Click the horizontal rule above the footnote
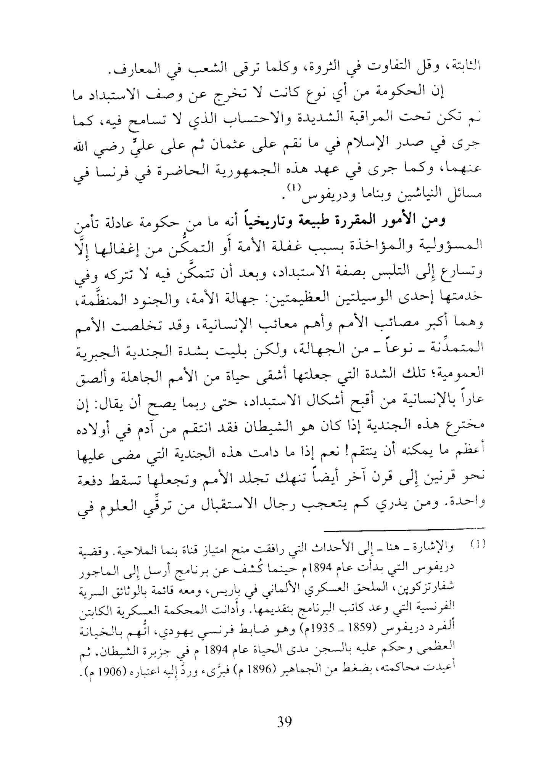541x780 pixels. pyautogui.click(x=405, y=528)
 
